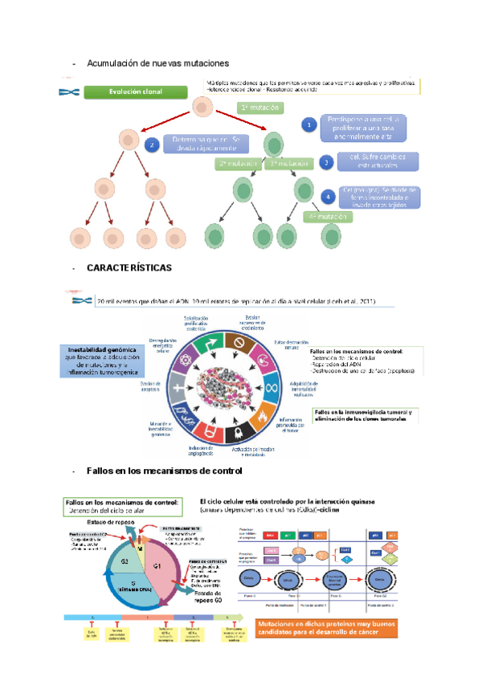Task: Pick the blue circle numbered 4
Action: (328, 197)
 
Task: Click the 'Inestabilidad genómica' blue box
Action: (102, 361)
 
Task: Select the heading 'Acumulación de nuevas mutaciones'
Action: (157, 63)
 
